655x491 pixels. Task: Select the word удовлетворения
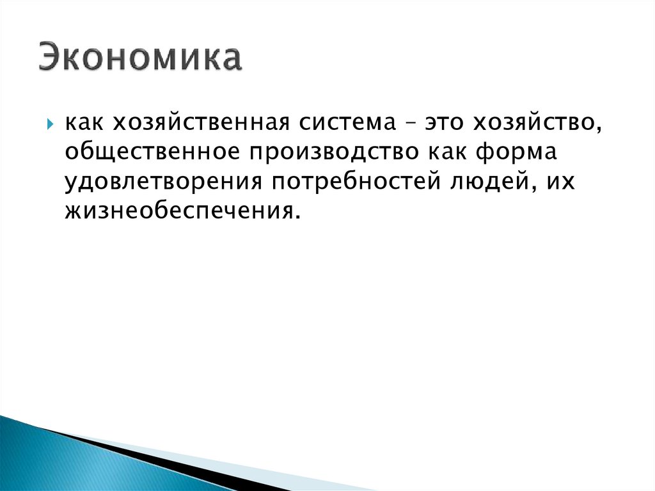tap(163, 182)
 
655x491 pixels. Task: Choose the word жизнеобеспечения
tap(179, 211)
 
